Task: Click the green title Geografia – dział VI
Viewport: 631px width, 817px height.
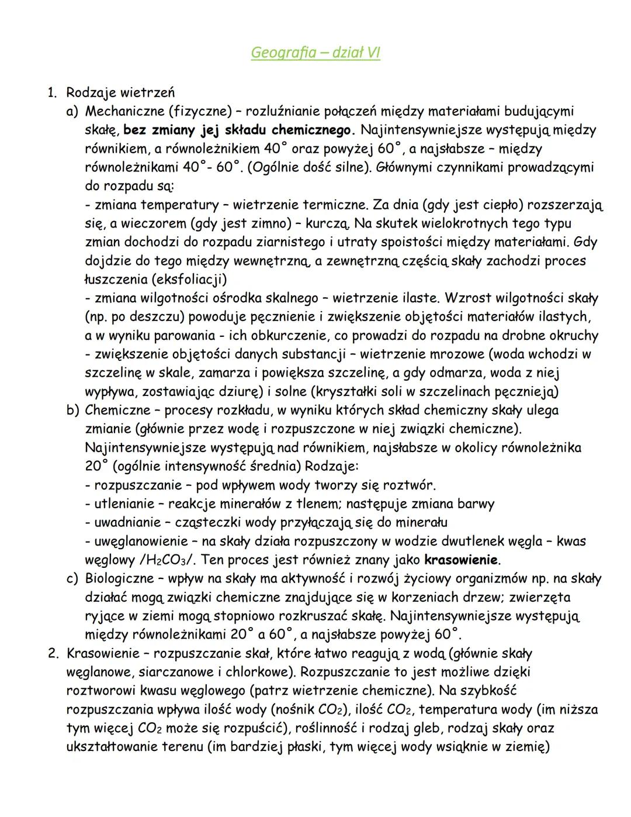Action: [x=315, y=53]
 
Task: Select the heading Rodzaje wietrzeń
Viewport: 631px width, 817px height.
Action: [x=120, y=92]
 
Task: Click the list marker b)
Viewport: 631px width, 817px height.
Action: [x=72, y=411]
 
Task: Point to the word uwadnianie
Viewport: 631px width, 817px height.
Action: [x=126, y=523]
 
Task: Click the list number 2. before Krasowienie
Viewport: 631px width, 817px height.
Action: [x=54, y=654]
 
